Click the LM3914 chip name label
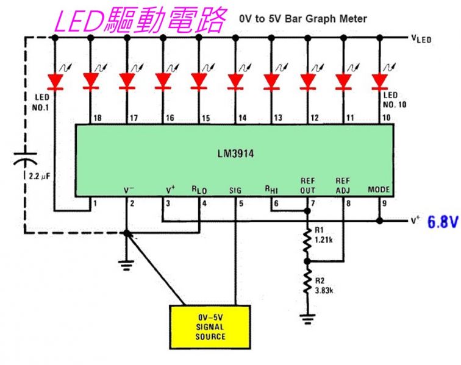tap(234, 155)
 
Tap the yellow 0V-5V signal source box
tap(210, 327)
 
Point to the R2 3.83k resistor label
tap(324, 285)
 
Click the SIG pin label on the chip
tap(235, 190)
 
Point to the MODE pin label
tap(379, 190)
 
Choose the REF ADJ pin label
tap(343, 185)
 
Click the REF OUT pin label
tap(307, 185)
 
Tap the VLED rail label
tap(422, 38)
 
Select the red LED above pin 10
tap(381, 80)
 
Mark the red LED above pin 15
tap(199, 80)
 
